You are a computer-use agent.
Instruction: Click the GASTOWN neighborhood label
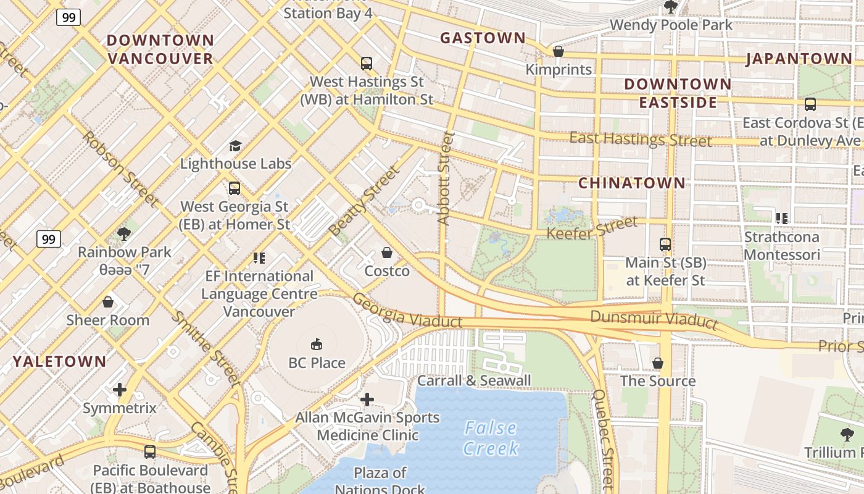pos(483,38)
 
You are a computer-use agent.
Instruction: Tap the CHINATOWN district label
pos(632,183)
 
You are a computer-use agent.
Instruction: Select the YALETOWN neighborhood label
pos(60,361)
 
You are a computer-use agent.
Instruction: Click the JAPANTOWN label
pos(799,59)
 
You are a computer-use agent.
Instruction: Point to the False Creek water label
pos(491,438)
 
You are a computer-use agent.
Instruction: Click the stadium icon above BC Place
pos(317,344)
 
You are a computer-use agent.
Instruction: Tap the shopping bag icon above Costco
pos(387,253)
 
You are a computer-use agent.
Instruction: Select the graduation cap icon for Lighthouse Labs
pos(235,146)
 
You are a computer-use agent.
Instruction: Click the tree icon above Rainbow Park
pos(124,233)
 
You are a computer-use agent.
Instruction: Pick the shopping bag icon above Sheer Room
pos(108,302)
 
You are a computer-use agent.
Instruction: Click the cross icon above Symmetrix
pos(120,390)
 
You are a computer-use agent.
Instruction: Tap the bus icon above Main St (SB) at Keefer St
pos(665,245)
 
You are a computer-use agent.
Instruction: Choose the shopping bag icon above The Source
pos(658,362)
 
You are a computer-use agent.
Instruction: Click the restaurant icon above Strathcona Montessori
pos(781,218)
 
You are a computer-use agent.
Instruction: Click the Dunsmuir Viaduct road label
pos(654,319)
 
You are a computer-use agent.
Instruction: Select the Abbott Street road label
pos(445,178)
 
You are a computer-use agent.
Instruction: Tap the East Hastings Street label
pos(640,139)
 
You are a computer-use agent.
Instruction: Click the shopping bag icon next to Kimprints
pos(559,51)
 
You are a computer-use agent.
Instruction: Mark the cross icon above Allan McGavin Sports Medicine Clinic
pos(367,400)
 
